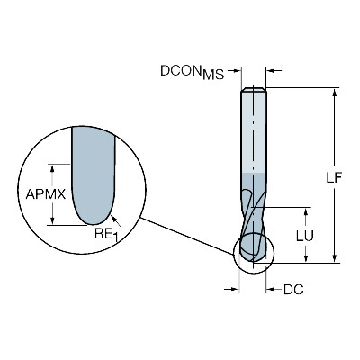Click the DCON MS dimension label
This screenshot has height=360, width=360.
click(193, 72)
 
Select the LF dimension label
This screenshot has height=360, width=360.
click(334, 178)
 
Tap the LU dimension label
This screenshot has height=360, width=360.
click(305, 236)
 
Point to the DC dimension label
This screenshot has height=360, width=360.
click(293, 290)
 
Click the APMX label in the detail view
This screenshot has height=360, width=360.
click(46, 194)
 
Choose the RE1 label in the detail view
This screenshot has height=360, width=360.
click(106, 234)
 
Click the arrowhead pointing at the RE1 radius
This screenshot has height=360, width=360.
click(113, 218)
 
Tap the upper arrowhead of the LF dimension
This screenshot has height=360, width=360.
click(335, 93)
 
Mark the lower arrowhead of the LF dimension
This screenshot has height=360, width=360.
click(335, 258)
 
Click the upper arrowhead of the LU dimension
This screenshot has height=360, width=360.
click(306, 213)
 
